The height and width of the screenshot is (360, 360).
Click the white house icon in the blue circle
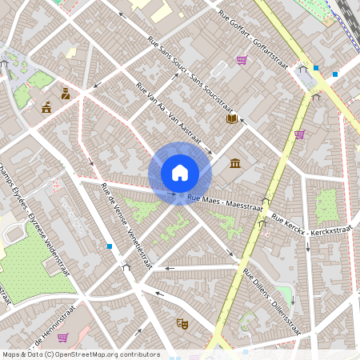coord(180,173)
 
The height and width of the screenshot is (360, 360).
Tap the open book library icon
coord(232,119)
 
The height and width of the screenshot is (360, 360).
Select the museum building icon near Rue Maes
coord(235,164)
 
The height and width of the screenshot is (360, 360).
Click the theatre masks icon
coord(182,324)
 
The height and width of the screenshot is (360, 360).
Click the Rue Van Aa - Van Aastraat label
coord(167,111)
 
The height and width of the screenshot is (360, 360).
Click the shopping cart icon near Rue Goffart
coord(242,60)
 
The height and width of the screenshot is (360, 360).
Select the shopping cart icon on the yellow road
coord(299,134)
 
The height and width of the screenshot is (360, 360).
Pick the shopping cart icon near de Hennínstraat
coord(62,337)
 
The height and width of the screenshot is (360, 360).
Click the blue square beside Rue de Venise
coord(109,246)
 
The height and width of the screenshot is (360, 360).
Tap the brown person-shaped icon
coord(66,94)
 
